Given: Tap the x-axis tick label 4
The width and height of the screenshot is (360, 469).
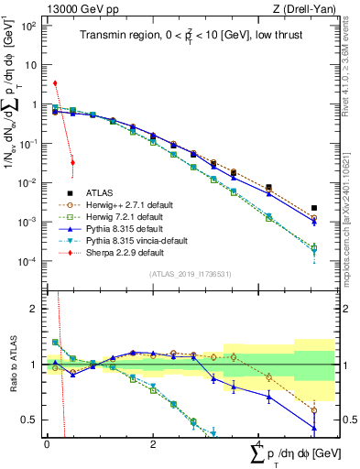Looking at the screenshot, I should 259,443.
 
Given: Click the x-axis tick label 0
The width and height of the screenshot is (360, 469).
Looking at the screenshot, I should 47,443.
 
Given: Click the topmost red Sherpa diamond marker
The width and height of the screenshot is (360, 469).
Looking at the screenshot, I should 55,83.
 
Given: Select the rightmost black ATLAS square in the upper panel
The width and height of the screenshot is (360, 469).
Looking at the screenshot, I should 314,208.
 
